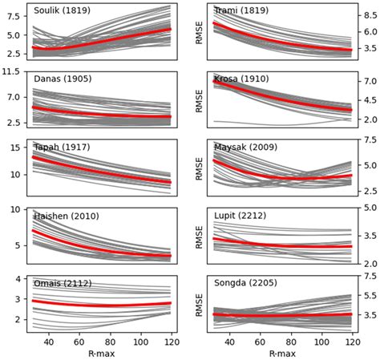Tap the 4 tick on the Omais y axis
coord(18,279)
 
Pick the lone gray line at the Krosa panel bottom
coord(265,123)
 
